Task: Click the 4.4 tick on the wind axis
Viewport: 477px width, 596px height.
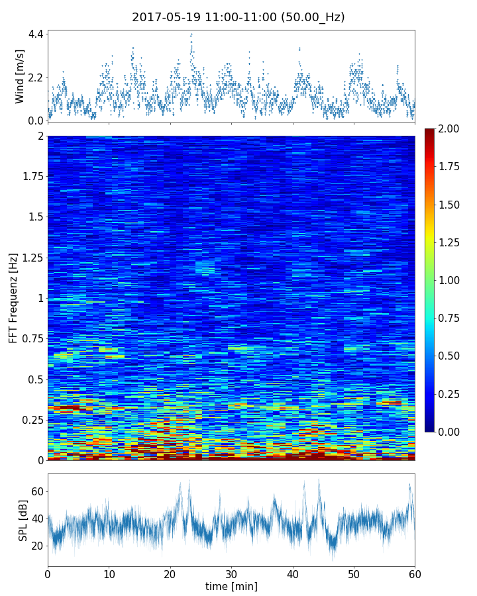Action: coord(36,34)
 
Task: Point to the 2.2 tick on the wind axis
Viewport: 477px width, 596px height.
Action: coord(36,77)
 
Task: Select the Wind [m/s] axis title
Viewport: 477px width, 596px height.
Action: coord(20,76)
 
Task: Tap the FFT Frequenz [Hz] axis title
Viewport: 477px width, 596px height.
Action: coord(13,297)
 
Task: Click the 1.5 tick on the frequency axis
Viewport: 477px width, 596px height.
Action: coord(36,217)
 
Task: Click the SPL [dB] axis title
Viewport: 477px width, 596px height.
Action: coord(23,519)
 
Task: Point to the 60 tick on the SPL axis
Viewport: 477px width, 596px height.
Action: coord(37,491)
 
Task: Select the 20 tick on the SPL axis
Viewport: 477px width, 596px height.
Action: coord(37,546)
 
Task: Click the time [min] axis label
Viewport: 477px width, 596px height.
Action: coord(231,586)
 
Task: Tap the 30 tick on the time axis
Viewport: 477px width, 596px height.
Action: coord(231,573)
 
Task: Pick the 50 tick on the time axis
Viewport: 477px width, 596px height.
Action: coord(354,573)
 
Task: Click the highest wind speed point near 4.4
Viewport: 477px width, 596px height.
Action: coord(191,34)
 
